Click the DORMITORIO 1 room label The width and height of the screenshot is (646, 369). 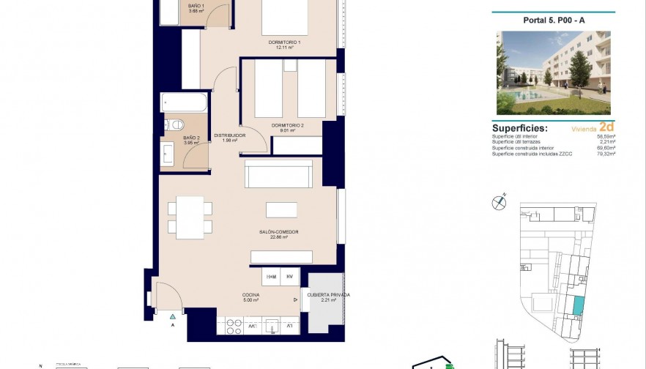click(x=285, y=42)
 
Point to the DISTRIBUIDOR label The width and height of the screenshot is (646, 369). click(x=229, y=135)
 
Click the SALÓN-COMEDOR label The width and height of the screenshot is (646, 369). click(x=278, y=232)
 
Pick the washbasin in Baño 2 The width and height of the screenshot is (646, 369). click(x=168, y=154)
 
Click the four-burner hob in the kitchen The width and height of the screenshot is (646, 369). click(x=233, y=327)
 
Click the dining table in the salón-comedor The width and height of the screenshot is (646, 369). click(x=190, y=217)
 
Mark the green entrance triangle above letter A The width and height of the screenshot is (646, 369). click(x=173, y=316)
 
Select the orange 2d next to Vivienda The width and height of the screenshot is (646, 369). click(x=606, y=126)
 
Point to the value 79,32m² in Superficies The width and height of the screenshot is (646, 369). click(x=606, y=154)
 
